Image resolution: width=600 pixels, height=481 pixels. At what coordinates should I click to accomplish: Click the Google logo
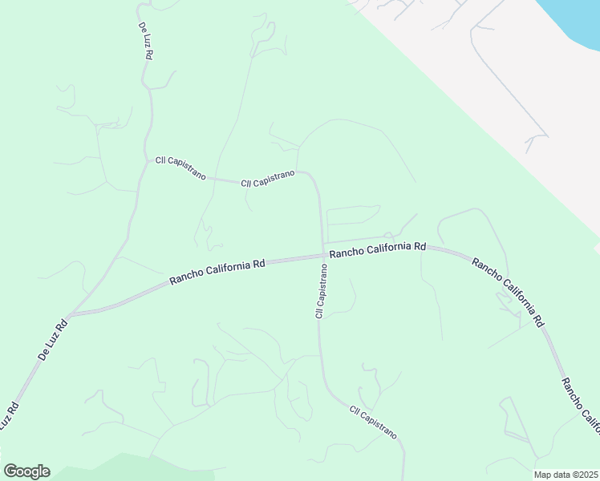26,471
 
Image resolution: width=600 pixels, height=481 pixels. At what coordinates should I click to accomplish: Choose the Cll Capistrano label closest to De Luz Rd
180,168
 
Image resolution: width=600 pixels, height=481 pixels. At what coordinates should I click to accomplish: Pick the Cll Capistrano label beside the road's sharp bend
268,178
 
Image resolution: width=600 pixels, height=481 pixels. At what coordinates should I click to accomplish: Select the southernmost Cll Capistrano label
373,422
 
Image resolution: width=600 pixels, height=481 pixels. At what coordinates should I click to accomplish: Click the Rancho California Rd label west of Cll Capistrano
217,273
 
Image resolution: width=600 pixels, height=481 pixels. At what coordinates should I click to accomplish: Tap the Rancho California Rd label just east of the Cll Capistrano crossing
377,249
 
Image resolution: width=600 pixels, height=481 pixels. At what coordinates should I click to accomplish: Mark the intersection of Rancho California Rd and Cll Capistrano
323,256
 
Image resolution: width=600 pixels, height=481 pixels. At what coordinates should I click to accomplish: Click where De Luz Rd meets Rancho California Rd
71,314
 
